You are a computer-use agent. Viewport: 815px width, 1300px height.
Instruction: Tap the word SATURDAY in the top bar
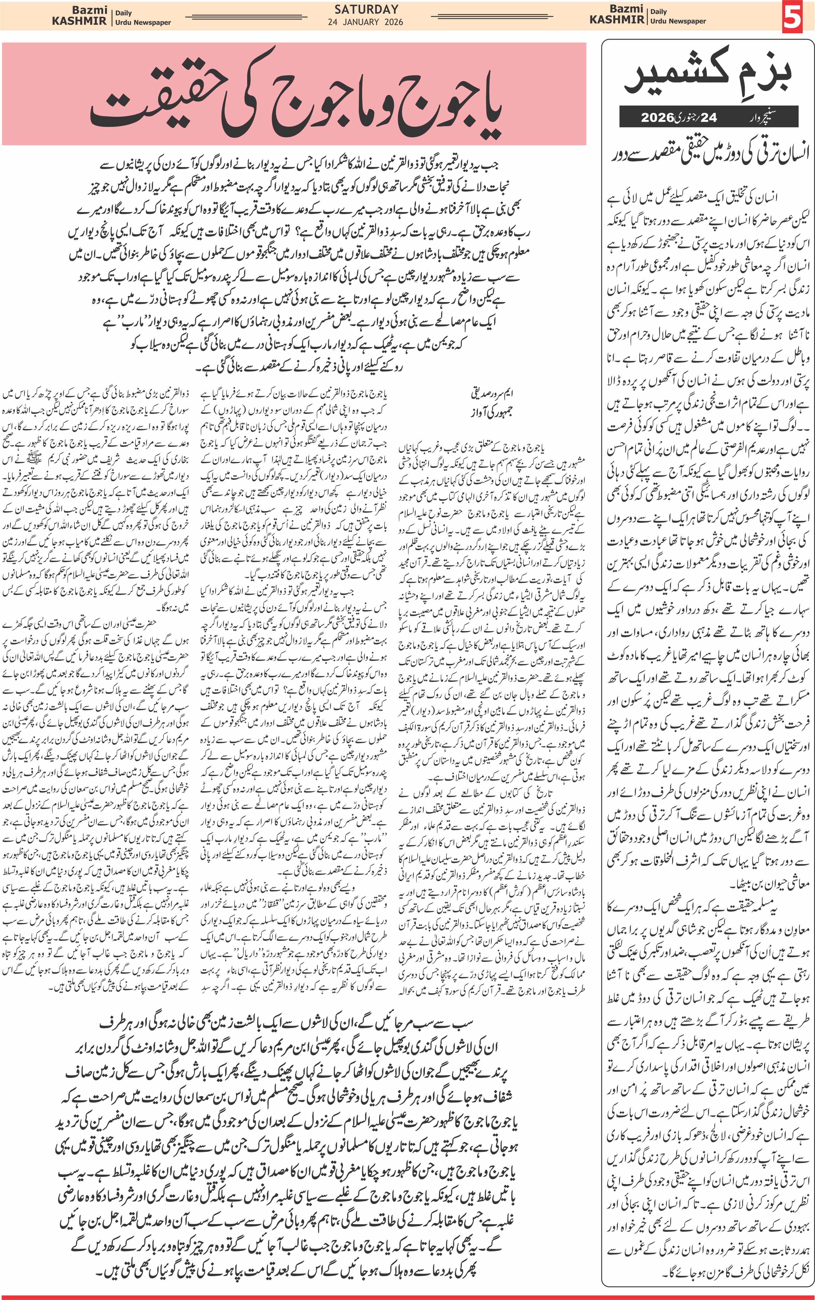[366, 9]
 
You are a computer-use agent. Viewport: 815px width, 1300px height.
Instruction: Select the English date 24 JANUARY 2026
[365, 22]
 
